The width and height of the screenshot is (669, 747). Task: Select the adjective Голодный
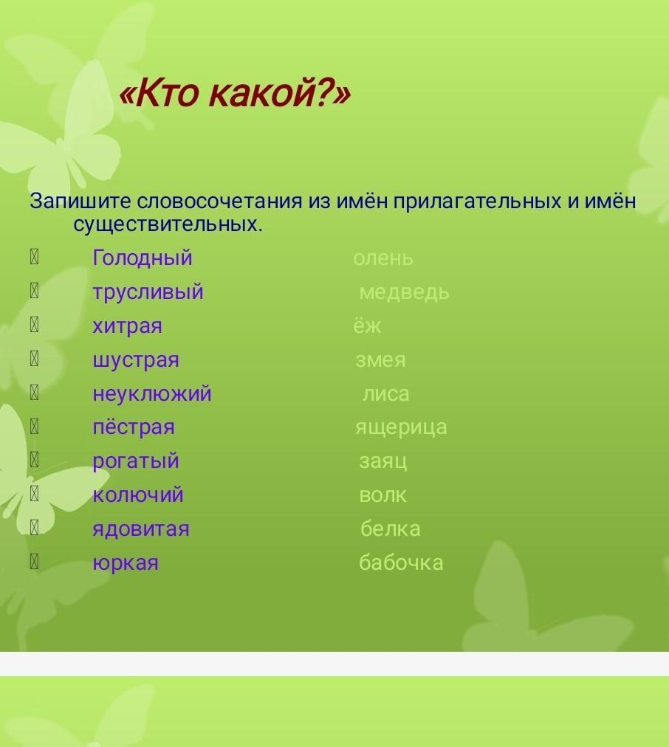[x=143, y=258]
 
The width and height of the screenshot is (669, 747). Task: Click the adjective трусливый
[x=148, y=292]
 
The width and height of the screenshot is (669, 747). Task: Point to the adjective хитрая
[x=127, y=326]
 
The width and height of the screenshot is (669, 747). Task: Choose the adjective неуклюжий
[x=152, y=394]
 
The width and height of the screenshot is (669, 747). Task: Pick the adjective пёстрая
[x=134, y=427]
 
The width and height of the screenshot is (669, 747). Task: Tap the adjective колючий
[x=137, y=495]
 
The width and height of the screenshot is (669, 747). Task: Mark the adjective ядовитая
[x=141, y=529]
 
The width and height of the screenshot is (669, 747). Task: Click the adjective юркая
[x=126, y=563]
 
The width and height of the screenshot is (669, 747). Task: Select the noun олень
[x=383, y=258]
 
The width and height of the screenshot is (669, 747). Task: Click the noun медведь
[x=404, y=292]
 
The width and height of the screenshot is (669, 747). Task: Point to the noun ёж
[x=367, y=326]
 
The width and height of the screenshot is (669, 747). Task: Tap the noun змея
[x=380, y=360]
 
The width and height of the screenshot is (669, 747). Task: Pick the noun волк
[x=382, y=495]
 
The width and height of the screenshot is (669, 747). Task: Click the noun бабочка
[x=401, y=562]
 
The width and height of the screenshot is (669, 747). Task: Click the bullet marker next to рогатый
[x=34, y=460]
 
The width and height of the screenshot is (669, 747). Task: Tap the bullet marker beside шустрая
[x=34, y=359]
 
